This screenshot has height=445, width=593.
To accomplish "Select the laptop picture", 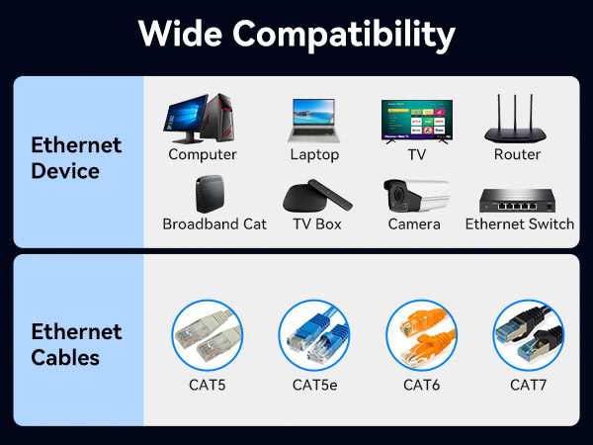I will [x=314, y=121].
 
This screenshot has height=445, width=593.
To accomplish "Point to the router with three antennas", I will [x=518, y=121].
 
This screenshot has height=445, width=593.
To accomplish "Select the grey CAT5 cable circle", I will [x=207, y=335].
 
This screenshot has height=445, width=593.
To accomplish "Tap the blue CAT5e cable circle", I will [x=314, y=335].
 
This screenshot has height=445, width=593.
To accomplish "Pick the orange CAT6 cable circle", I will [x=421, y=335].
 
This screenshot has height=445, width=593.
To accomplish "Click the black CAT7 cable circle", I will [x=528, y=335].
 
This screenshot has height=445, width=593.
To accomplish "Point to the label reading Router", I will [x=517, y=155].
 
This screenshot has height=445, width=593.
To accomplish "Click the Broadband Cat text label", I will [x=214, y=224].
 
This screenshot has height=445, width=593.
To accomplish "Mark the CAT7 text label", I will [x=528, y=384].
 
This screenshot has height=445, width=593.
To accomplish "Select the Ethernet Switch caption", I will [x=519, y=224].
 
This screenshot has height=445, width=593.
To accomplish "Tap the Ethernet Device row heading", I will [x=76, y=158].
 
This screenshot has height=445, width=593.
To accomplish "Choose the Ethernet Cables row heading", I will [x=76, y=344].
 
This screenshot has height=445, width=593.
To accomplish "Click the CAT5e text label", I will [x=314, y=384].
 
